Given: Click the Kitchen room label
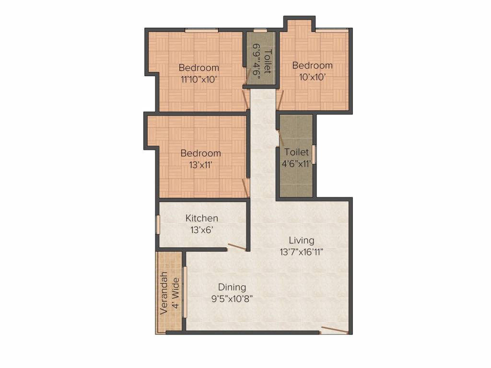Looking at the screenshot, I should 201,218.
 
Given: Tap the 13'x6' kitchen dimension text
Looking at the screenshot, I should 201,230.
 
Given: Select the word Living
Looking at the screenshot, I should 301,241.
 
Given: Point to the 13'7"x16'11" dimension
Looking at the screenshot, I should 301,252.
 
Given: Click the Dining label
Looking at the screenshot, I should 232,287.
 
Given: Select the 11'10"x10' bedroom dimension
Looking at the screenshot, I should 199,79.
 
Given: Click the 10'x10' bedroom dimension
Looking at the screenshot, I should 312,77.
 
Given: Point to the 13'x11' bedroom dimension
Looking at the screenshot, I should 201,164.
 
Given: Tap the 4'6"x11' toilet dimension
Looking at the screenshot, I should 296,163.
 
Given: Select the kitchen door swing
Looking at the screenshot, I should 237,247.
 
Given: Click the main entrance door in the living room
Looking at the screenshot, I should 334,330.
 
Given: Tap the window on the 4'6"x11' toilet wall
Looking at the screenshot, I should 315,154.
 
